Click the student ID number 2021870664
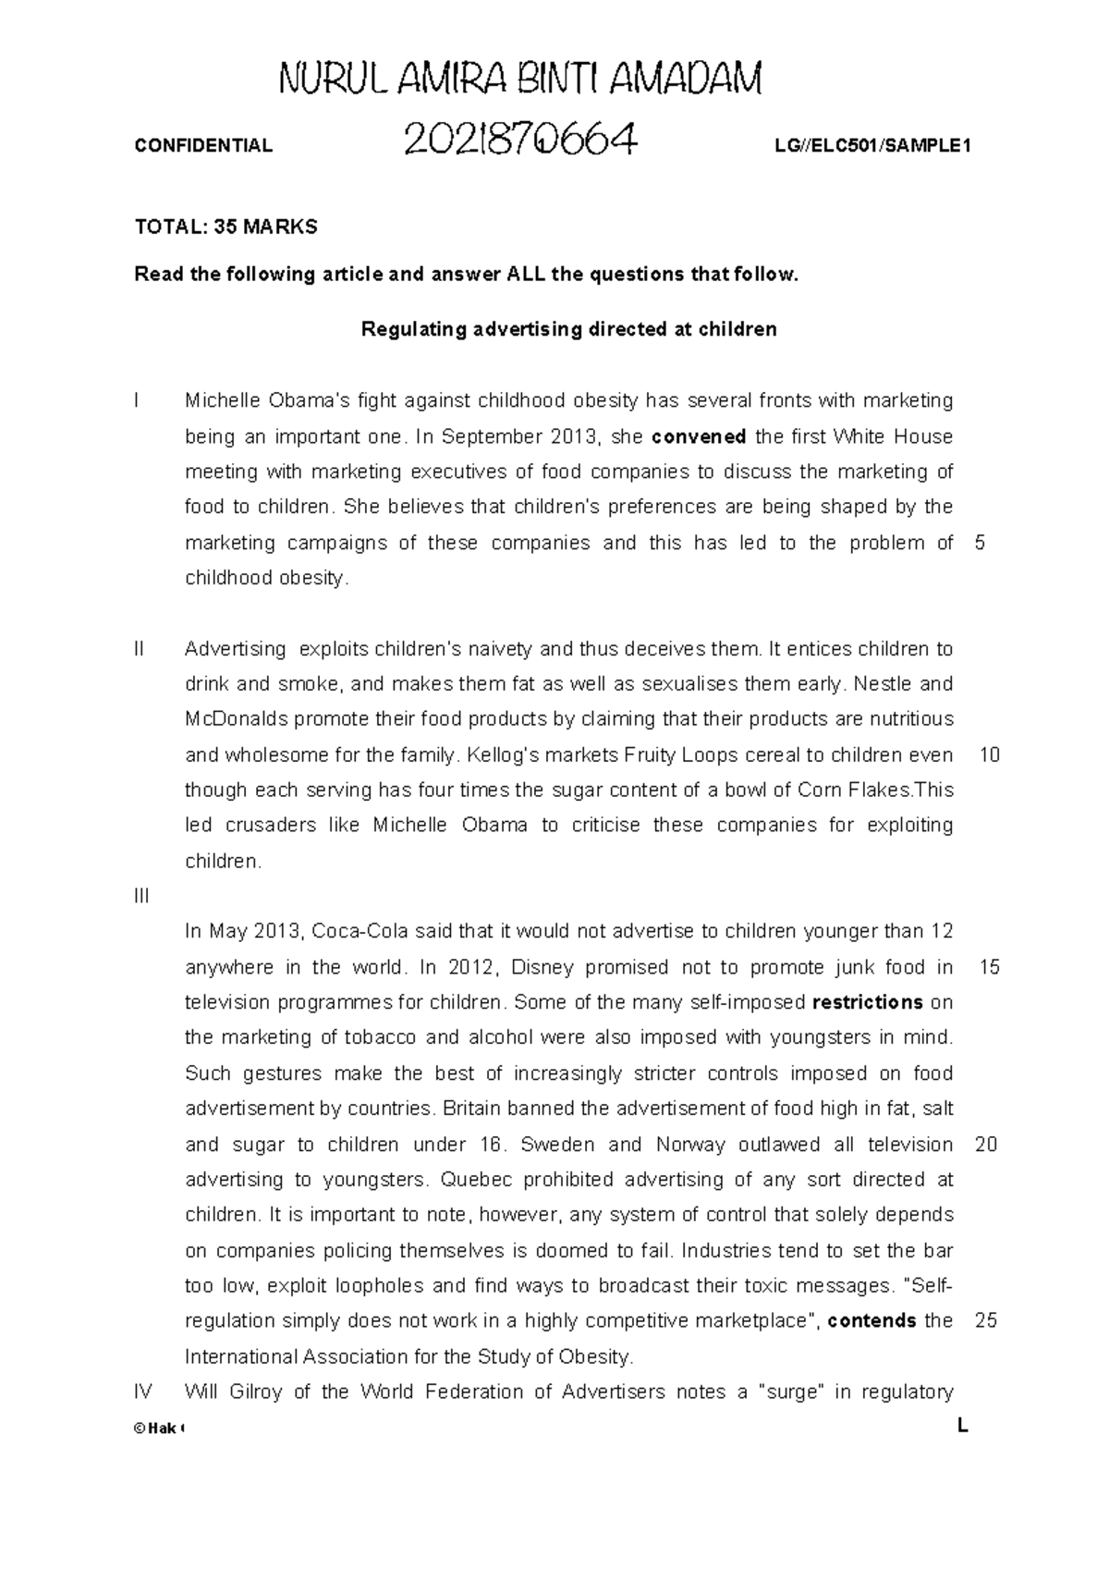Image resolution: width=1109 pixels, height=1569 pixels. [x=520, y=141]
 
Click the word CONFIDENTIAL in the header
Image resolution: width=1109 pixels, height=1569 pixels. [x=203, y=145]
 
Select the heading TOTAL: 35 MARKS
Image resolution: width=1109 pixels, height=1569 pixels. [x=225, y=227]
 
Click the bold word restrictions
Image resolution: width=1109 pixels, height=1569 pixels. [x=867, y=1002]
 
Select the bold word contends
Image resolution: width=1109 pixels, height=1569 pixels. [x=871, y=1321]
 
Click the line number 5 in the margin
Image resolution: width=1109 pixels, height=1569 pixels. [x=980, y=543]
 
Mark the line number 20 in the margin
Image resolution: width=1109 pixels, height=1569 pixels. [x=986, y=1145]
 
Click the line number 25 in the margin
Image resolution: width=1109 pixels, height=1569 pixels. [x=986, y=1321]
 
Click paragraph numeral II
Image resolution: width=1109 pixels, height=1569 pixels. [x=140, y=649]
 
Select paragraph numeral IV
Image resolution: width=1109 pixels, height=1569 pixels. [x=143, y=1392]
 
